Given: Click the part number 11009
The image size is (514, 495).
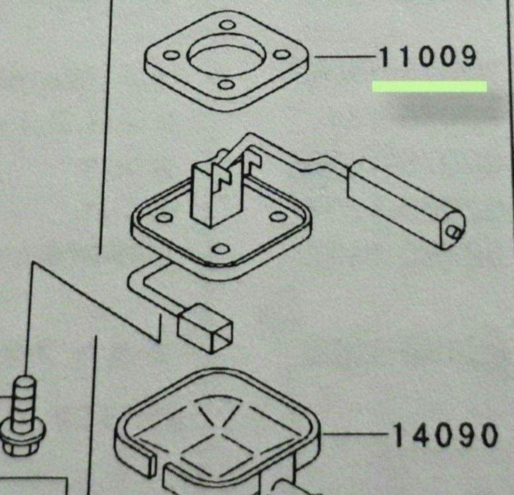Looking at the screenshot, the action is (x=427, y=58).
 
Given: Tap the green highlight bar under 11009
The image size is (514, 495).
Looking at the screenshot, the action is (x=429, y=86).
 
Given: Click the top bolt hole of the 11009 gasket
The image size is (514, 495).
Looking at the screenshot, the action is (x=227, y=25).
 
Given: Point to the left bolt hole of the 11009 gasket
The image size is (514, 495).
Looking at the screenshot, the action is (x=171, y=55).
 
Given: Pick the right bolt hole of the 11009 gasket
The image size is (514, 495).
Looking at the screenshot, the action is (x=282, y=54).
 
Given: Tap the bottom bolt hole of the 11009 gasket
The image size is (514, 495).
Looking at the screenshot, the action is (x=226, y=85).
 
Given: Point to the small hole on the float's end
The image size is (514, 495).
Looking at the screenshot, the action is (x=454, y=232).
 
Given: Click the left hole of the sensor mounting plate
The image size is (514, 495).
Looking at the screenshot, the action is (x=165, y=217).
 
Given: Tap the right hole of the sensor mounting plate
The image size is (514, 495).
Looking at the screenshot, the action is (x=277, y=217).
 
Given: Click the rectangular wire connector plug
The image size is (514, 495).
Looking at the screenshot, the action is (x=205, y=328).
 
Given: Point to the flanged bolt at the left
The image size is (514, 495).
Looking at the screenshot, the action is (x=22, y=416).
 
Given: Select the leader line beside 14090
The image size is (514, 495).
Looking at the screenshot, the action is (x=356, y=435).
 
